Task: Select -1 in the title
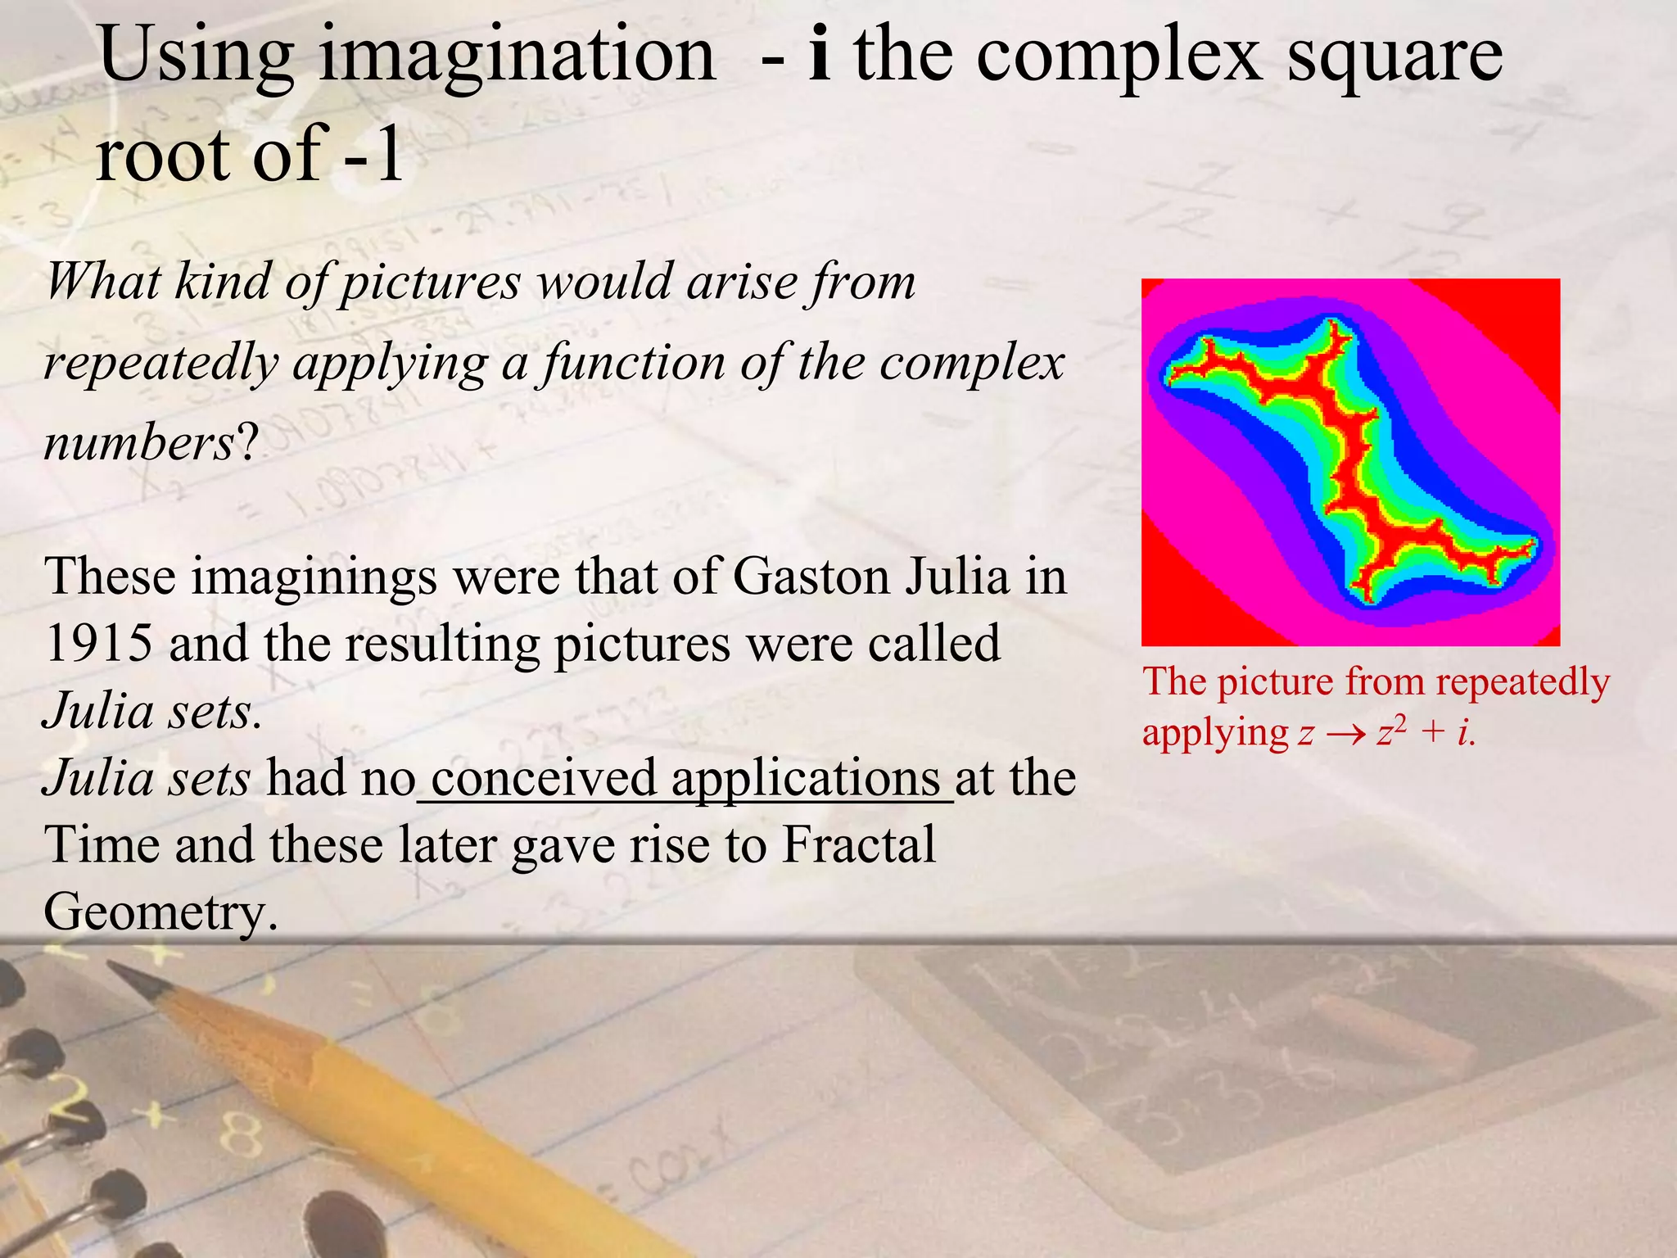pyautogui.click(x=373, y=155)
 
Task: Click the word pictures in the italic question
pyautogui.click(x=430, y=283)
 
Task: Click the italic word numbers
pyautogui.click(x=139, y=444)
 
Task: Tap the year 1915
pyautogui.click(x=98, y=643)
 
